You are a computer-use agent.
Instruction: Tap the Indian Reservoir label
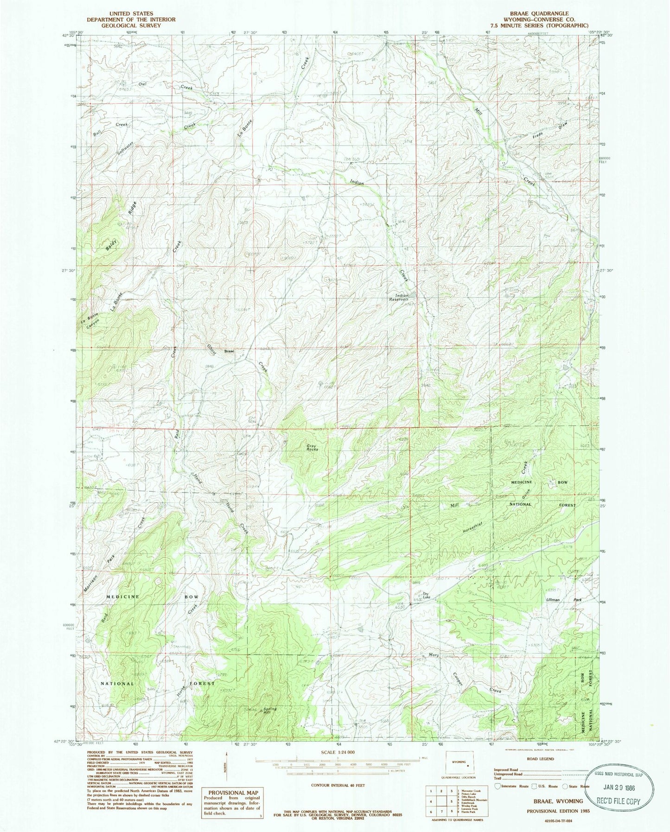(x=402, y=297)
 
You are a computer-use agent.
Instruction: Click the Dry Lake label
(x=426, y=597)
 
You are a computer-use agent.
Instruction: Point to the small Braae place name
(x=229, y=351)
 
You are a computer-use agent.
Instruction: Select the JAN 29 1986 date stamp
(x=622, y=788)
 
